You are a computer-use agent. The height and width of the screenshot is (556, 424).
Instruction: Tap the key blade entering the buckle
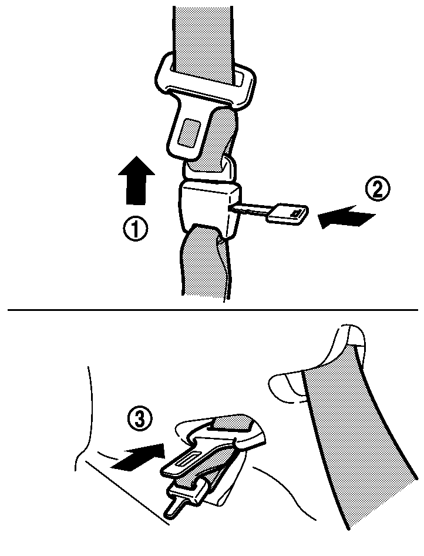250,210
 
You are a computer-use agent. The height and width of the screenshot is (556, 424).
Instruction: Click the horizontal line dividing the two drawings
213,310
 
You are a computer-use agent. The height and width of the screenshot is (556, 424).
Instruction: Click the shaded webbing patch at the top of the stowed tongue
230,424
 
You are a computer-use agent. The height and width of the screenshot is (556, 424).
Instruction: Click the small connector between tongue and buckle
209,168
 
